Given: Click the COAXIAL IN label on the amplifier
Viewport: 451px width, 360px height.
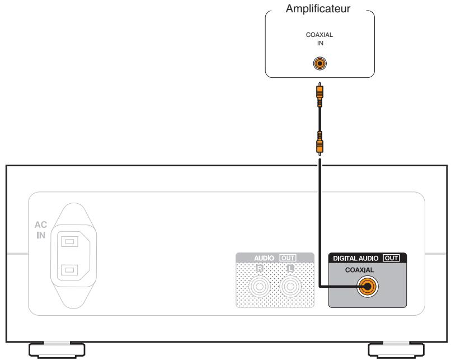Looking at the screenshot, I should click(x=319, y=38).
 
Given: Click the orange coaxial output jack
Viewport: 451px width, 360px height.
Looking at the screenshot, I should click(x=368, y=287).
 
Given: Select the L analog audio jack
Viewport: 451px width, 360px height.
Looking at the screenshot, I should click(x=290, y=287).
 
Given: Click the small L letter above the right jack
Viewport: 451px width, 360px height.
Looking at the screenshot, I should click(x=290, y=268).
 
